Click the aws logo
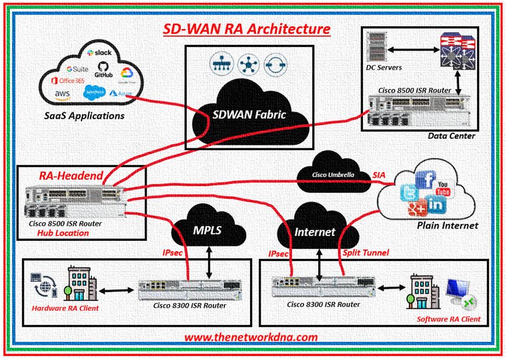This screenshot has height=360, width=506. (62, 93)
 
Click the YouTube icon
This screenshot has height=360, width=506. (444, 187)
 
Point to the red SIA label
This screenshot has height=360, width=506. (378, 174)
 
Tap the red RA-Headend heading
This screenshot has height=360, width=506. (71, 175)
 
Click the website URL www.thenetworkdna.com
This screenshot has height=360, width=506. (251, 337)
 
